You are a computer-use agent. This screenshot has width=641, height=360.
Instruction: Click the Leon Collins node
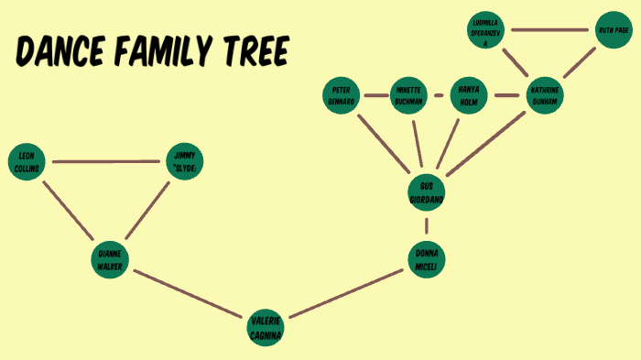[26, 162]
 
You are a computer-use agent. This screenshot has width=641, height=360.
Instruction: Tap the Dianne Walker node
[111, 259]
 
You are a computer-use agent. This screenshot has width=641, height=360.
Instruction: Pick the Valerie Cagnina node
[266, 327]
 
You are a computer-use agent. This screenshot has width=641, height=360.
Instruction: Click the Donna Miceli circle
[427, 259]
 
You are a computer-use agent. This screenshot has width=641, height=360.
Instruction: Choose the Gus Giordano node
[426, 191]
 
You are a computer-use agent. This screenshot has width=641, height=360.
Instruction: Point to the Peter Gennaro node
[342, 94]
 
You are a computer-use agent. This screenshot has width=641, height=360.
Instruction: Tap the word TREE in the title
[251, 52]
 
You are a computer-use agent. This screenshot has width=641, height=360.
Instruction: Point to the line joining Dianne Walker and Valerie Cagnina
[189, 293]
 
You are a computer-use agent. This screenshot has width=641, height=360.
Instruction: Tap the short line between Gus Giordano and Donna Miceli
[427, 225]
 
